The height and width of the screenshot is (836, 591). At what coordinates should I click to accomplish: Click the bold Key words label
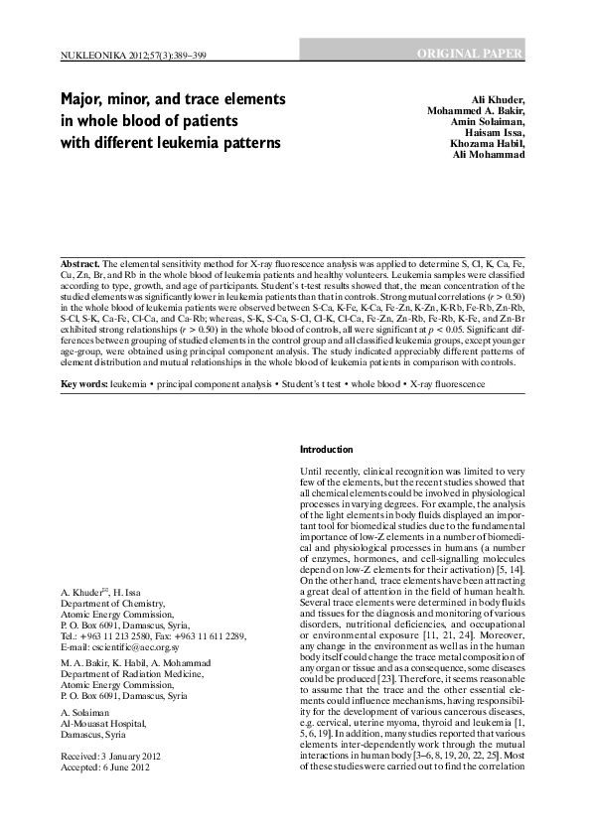pyautogui.click(x=83, y=355)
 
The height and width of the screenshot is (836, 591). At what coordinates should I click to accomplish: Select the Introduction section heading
pyautogui.click(x=326, y=450)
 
